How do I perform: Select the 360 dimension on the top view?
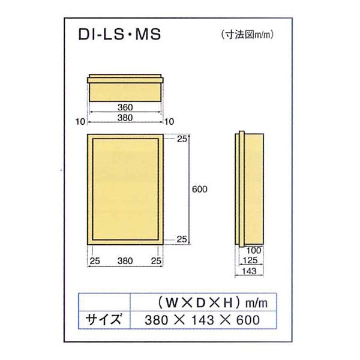(x=125, y=107)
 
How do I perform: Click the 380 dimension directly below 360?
(x=125, y=118)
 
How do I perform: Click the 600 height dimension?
(x=200, y=190)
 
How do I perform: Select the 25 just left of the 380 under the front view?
(x=95, y=261)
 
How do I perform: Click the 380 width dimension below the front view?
(x=125, y=261)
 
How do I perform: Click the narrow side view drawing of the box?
(x=250, y=189)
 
